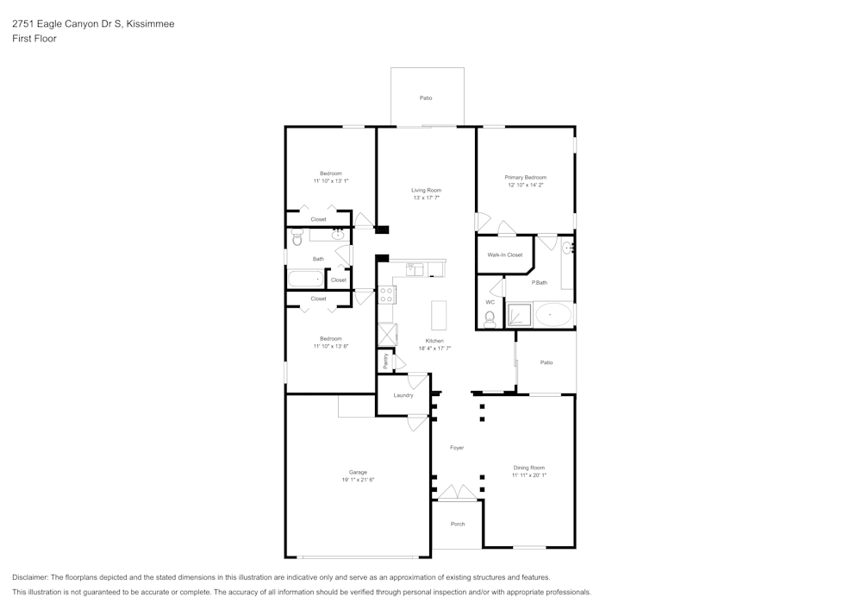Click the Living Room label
[x=426, y=190]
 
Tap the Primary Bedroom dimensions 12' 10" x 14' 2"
[x=525, y=185]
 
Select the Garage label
[x=358, y=472]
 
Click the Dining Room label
[x=528, y=468]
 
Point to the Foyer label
[x=457, y=448]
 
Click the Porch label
[x=458, y=524]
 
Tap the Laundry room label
[x=403, y=395]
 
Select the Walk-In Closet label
[x=505, y=255]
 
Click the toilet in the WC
[x=490, y=320]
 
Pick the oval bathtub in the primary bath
[x=553, y=315]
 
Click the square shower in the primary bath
[x=519, y=316]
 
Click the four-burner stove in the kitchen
[x=386, y=295]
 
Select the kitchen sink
[x=415, y=269]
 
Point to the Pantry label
[x=385, y=361]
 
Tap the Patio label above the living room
[x=426, y=98]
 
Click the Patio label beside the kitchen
[x=547, y=362]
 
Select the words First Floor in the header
[x=34, y=39]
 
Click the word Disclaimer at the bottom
[x=31, y=577]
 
